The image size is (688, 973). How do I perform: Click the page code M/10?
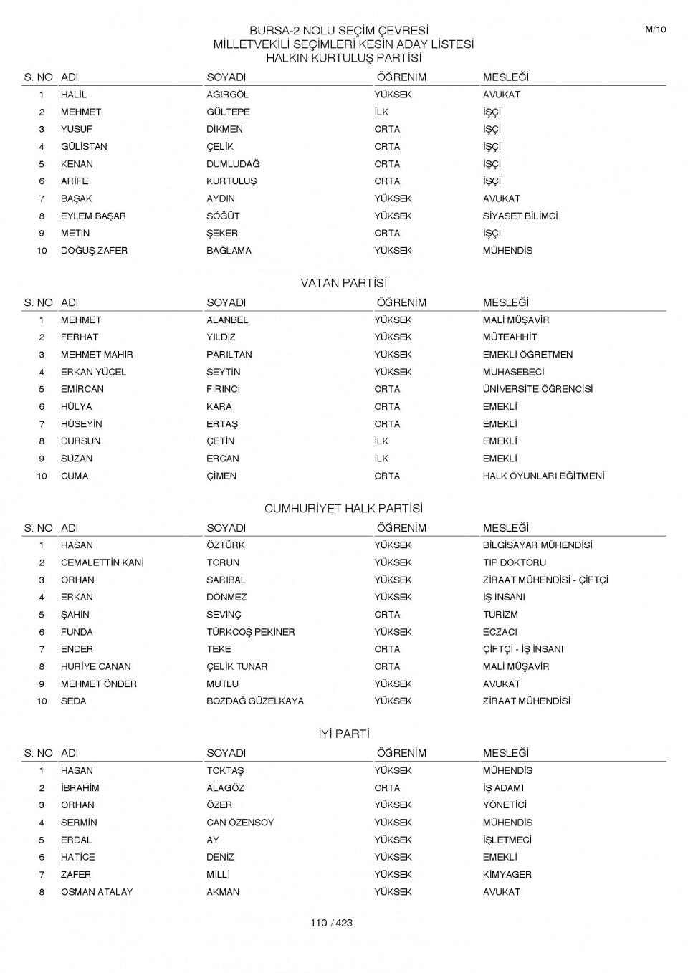click(x=655, y=29)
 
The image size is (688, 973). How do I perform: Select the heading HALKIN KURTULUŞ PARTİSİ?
click(x=343, y=58)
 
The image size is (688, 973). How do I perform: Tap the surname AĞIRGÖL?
click(x=227, y=95)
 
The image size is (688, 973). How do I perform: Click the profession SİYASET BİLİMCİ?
click(x=520, y=216)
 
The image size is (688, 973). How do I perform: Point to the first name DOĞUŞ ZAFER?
click(x=94, y=251)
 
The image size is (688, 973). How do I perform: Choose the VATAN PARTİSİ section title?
click(x=343, y=283)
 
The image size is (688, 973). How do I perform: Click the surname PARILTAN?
click(x=229, y=355)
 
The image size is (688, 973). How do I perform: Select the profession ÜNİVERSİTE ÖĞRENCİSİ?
click(x=537, y=389)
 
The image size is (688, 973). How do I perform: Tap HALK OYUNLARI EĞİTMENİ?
click(x=543, y=476)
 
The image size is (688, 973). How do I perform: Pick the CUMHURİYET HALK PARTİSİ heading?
click(x=343, y=509)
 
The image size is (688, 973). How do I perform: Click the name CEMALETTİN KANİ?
click(x=102, y=562)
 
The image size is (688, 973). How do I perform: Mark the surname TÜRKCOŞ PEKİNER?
click(x=250, y=632)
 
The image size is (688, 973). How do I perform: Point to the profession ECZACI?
click(x=500, y=632)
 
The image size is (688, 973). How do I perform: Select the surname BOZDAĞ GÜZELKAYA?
click(x=255, y=701)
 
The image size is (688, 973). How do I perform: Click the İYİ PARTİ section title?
click(x=343, y=734)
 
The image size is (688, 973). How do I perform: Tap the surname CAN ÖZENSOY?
click(x=240, y=823)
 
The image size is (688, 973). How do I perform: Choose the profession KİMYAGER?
click(x=507, y=874)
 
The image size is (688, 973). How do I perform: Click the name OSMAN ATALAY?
click(x=97, y=892)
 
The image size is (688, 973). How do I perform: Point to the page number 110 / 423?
click(x=331, y=923)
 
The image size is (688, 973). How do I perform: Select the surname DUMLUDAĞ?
click(x=233, y=164)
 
